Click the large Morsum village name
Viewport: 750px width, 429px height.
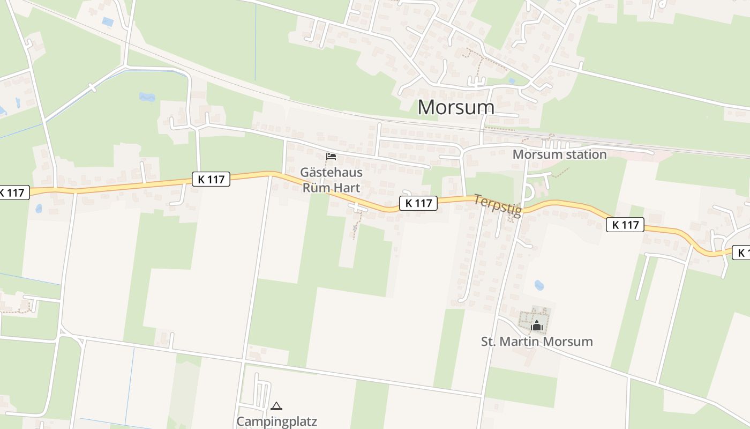(x=456, y=107)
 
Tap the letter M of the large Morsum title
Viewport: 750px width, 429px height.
(x=426, y=107)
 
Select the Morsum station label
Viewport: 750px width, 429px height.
(x=559, y=154)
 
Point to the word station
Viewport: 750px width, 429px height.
(x=583, y=154)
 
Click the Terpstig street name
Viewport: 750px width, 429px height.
(x=497, y=206)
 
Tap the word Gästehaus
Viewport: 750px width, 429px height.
(x=331, y=173)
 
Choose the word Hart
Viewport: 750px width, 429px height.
(x=347, y=188)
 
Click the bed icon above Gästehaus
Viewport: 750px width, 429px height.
(x=331, y=157)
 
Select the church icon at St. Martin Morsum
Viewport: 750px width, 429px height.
(x=536, y=326)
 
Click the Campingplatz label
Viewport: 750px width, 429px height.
(x=277, y=421)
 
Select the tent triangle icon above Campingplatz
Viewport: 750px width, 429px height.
(x=276, y=406)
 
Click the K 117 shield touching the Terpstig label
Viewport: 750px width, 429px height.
(x=418, y=203)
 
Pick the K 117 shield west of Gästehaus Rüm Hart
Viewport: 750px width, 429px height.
(x=211, y=179)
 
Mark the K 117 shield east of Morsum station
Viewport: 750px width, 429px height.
(x=625, y=225)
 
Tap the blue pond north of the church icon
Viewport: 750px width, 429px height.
(x=539, y=285)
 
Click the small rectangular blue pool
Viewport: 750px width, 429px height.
(x=108, y=22)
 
